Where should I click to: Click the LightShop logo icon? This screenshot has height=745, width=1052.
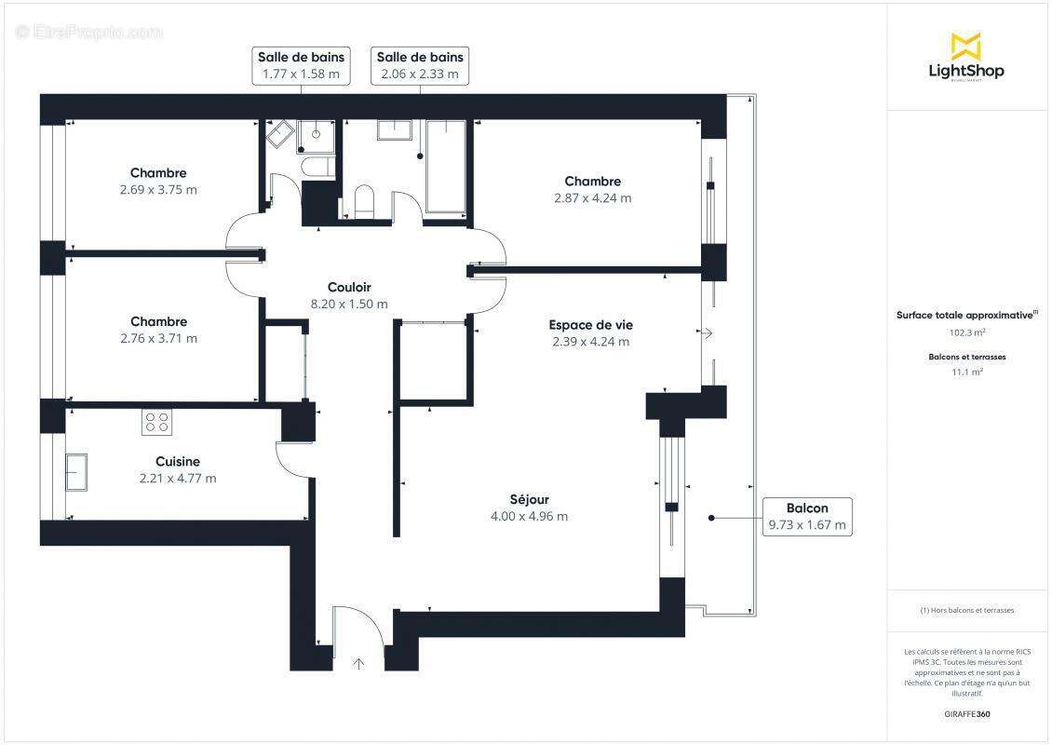tap(965, 46)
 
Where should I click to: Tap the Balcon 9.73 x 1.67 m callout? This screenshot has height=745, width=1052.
tap(806, 516)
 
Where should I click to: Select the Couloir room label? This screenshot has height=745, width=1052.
tap(349, 287)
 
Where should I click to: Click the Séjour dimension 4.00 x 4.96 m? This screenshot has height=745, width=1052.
tap(529, 517)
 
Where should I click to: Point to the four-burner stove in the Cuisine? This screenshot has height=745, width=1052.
tap(156, 423)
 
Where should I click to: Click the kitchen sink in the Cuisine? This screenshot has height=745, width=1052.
tap(76, 472)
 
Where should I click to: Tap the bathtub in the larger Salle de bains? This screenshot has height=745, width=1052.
tap(445, 168)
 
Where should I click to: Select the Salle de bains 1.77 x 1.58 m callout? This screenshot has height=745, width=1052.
tap(302, 65)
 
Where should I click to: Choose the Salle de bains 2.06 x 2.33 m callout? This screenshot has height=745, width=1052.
tap(418, 65)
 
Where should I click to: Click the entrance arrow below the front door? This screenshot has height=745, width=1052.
tap(359, 663)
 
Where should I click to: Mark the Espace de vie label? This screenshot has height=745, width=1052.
tap(590, 325)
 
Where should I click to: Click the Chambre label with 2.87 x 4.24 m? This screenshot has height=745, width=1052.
tap(592, 182)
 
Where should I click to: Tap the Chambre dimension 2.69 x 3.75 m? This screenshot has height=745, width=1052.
tap(158, 190)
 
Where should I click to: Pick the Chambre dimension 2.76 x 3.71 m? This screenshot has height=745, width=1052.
tap(158, 339)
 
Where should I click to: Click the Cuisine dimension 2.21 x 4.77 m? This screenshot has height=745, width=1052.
tap(177, 479)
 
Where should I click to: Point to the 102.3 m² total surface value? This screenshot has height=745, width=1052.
tap(966, 332)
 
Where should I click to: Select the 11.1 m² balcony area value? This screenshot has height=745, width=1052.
tap(966, 372)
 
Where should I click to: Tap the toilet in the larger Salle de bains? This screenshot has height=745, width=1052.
tap(364, 202)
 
